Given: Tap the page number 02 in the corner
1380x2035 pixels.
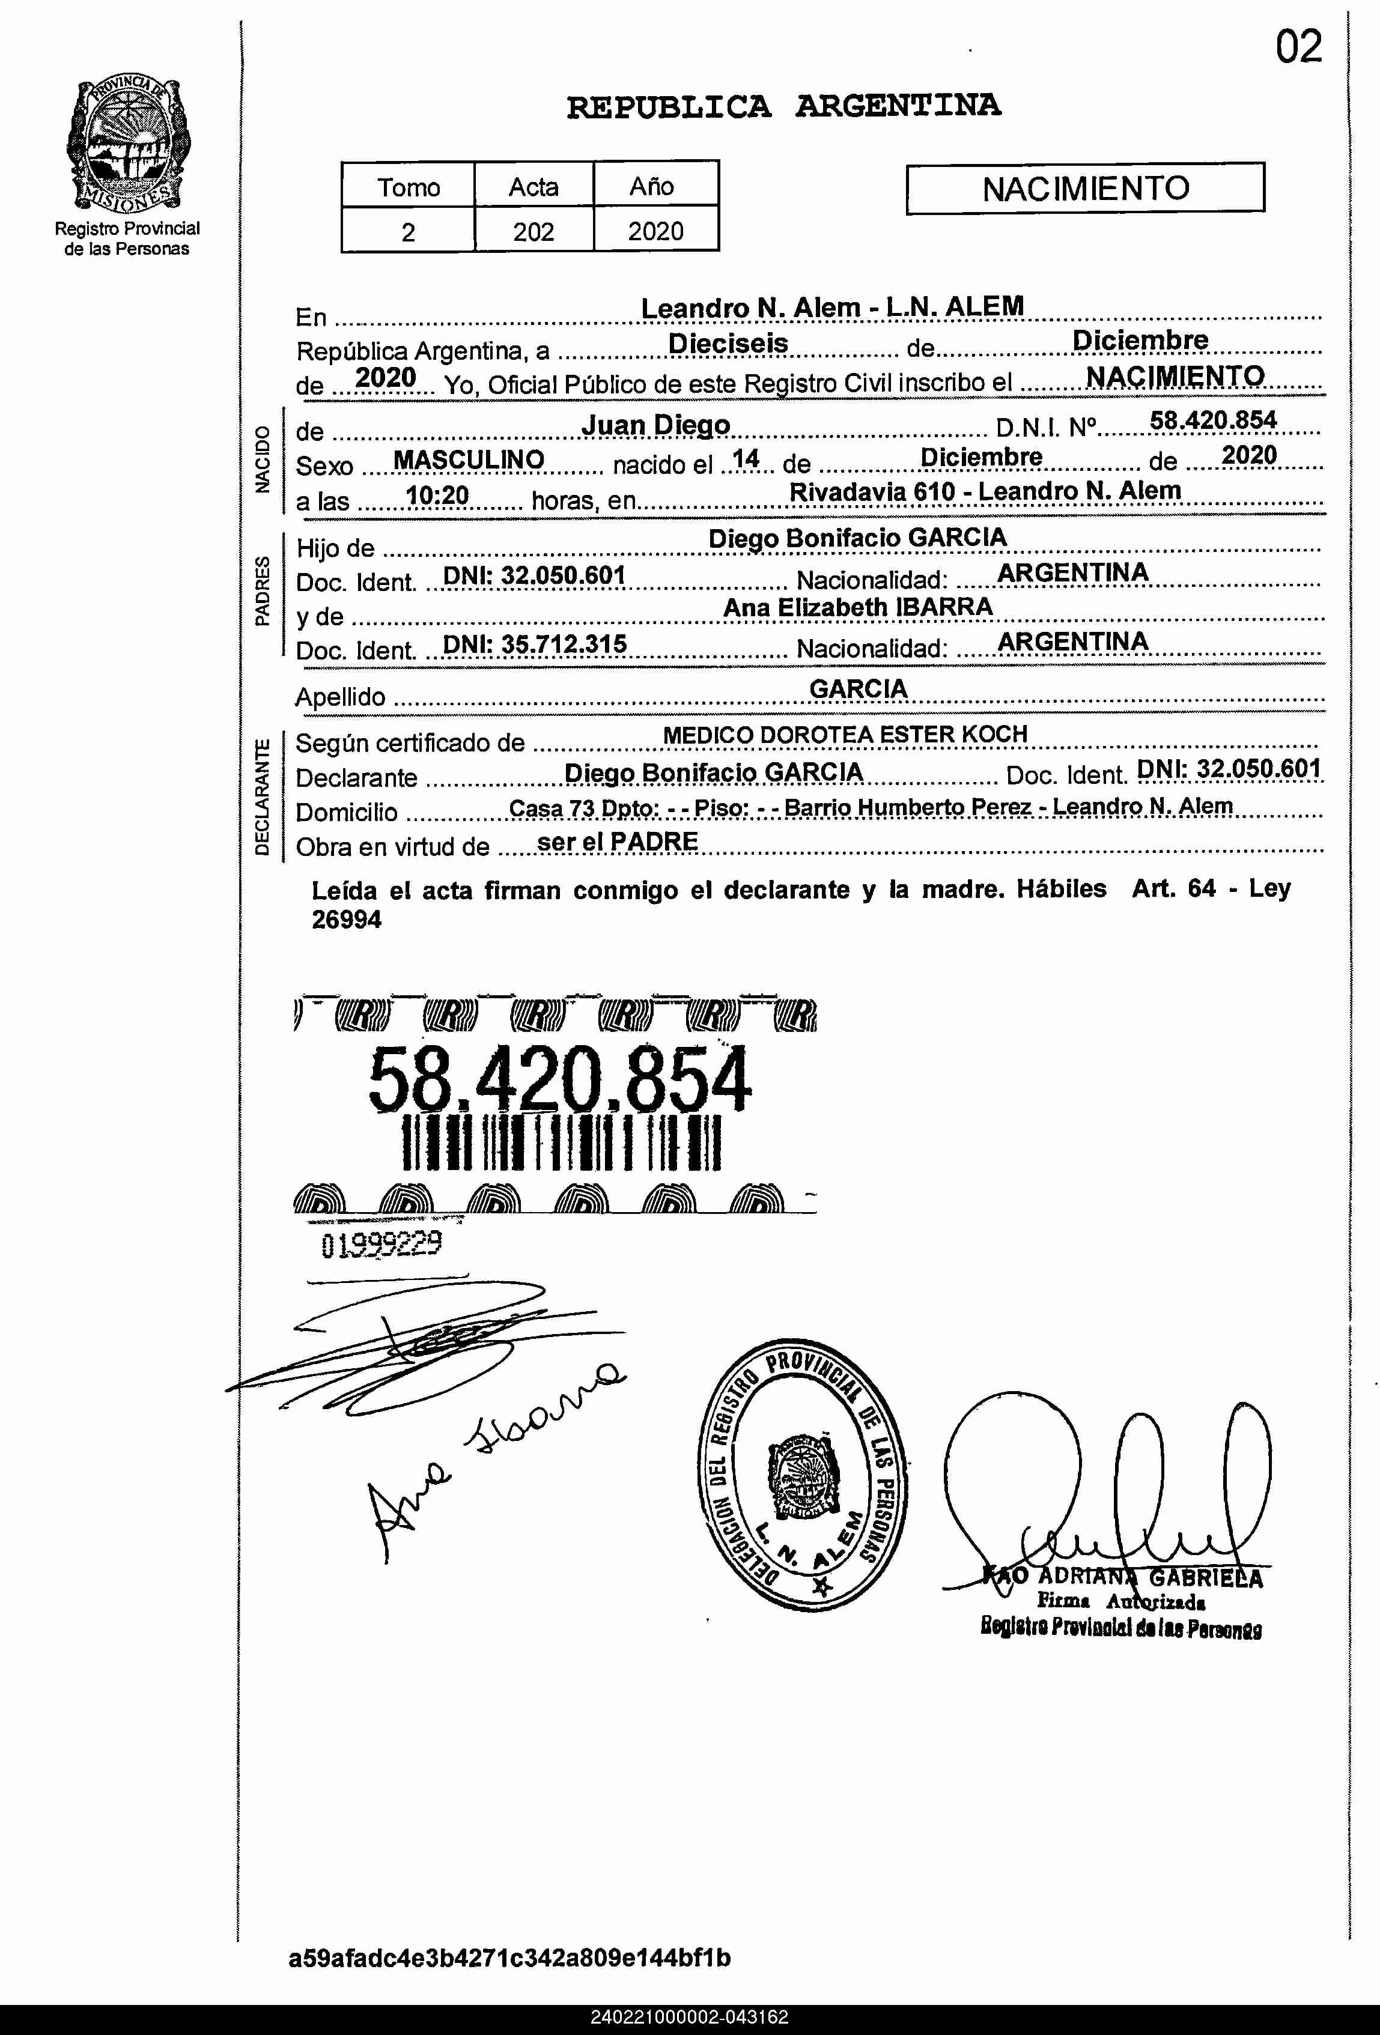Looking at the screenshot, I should click(x=1298, y=47).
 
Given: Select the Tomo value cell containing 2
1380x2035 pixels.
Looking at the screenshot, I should click(x=408, y=231).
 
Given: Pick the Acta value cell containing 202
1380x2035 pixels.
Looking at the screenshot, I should click(x=533, y=231).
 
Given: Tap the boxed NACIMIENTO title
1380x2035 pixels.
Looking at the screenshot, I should click(x=1085, y=188).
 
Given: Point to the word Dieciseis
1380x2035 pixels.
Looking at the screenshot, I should click(x=728, y=343).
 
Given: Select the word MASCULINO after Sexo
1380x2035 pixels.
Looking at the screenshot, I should click(x=469, y=459).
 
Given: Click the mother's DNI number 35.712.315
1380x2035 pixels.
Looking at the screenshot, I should click(x=535, y=644).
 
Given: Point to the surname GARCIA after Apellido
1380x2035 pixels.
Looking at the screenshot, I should click(x=858, y=689).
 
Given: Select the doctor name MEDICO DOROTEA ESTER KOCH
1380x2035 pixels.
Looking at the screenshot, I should click(x=844, y=735).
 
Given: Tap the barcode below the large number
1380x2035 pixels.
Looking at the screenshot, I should click(x=561, y=1142).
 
